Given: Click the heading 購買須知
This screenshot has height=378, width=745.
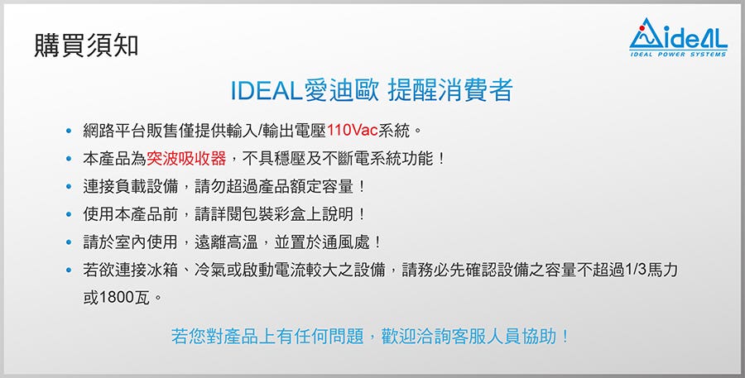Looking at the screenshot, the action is [86, 46].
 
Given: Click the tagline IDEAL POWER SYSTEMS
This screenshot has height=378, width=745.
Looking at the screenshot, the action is [678, 54].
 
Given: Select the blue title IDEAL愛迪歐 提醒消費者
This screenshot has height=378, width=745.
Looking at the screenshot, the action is [372, 90].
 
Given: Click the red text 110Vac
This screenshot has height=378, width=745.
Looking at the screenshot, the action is [352, 131].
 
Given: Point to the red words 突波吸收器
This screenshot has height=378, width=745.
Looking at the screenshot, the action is [186, 159].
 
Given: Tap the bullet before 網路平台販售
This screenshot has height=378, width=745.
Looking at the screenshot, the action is [70, 131].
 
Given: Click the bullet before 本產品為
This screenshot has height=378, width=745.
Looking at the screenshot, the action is [70, 159].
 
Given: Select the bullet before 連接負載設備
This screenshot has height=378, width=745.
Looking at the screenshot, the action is [70, 187].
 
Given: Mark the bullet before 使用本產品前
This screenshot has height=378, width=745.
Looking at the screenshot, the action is [70, 215].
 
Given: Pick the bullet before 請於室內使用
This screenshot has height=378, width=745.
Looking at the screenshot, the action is [70, 242].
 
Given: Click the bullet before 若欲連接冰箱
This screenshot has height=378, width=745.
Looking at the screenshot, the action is [70, 270].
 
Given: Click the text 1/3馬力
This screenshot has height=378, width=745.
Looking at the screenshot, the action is [651, 270].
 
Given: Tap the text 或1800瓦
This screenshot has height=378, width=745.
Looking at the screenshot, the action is [117, 299].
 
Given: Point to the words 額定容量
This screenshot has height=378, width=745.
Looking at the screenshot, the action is [322, 187].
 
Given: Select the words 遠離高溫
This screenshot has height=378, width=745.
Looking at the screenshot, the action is [226, 242].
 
